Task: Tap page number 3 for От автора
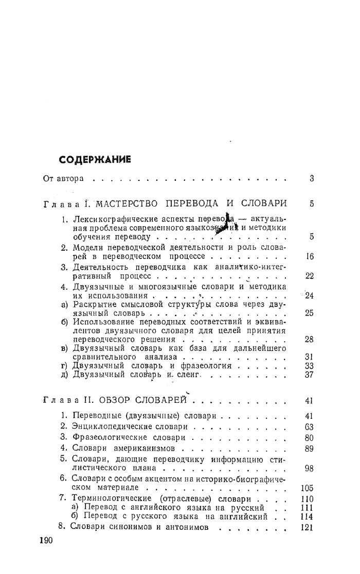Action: point(312,179)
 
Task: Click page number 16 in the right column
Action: point(309,256)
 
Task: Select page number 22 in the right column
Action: point(309,276)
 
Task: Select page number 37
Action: point(309,375)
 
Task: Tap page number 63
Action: point(309,427)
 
